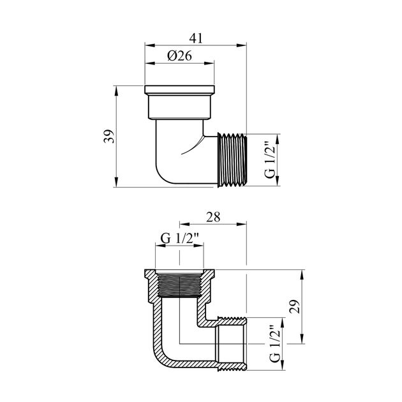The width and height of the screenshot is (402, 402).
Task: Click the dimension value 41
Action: point(196,38)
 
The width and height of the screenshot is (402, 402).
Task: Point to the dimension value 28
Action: point(213,217)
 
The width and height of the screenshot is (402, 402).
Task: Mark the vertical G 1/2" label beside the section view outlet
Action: point(274,344)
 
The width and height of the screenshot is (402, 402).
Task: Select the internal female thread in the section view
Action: point(179,285)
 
